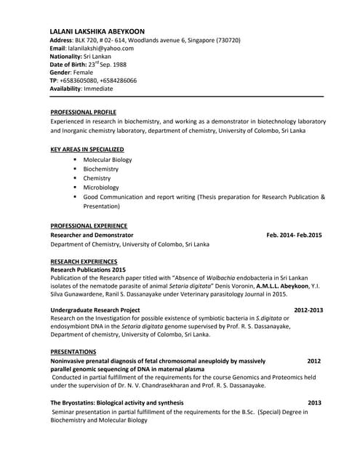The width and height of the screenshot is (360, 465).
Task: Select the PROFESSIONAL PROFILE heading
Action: click(x=83, y=113)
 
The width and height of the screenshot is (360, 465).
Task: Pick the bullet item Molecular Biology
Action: click(x=108, y=159)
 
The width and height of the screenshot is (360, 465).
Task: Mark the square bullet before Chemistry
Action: click(x=75, y=178)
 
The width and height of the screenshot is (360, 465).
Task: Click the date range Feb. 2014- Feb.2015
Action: click(x=294, y=235)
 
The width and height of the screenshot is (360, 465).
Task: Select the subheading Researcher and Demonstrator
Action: click(x=92, y=235)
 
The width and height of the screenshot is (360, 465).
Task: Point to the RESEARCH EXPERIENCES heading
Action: click(x=84, y=261)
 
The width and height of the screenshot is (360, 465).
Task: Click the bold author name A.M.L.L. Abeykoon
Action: click(x=276, y=286)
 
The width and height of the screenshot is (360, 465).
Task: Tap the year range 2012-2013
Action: click(x=308, y=310)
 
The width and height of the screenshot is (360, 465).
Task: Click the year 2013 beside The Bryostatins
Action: click(x=314, y=403)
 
